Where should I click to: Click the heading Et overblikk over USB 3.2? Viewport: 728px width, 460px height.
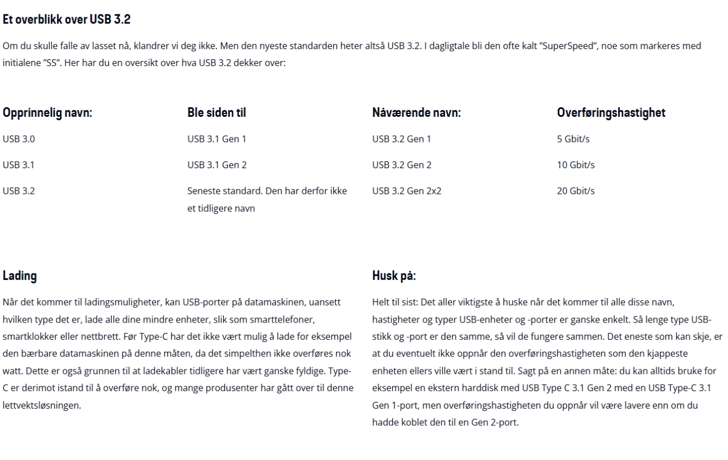tap(67, 19)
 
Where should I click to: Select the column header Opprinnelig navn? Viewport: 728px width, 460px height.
tap(47, 113)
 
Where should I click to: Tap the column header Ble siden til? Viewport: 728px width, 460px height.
tap(216, 113)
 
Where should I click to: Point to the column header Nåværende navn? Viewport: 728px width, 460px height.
tap(416, 113)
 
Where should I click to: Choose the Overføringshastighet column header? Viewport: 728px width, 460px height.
tap(611, 113)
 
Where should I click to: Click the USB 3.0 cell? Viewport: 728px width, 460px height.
tap(19, 139)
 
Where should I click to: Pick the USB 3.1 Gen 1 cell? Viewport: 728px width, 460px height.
tap(216, 139)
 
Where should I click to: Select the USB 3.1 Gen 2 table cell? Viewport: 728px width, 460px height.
tap(216, 165)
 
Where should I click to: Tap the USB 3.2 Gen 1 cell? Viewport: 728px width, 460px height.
tap(401, 139)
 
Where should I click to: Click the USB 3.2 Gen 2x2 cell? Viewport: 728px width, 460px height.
tap(406, 191)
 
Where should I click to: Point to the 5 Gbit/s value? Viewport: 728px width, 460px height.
tap(573, 139)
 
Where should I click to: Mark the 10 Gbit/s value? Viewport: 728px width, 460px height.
tap(575, 165)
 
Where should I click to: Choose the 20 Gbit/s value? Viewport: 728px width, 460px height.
tap(575, 191)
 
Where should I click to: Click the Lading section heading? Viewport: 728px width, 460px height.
tap(20, 276)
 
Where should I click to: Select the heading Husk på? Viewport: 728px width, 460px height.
tap(394, 276)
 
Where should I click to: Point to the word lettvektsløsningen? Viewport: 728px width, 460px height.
tap(41, 406)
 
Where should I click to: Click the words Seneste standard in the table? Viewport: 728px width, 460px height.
tap(224, 191)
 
